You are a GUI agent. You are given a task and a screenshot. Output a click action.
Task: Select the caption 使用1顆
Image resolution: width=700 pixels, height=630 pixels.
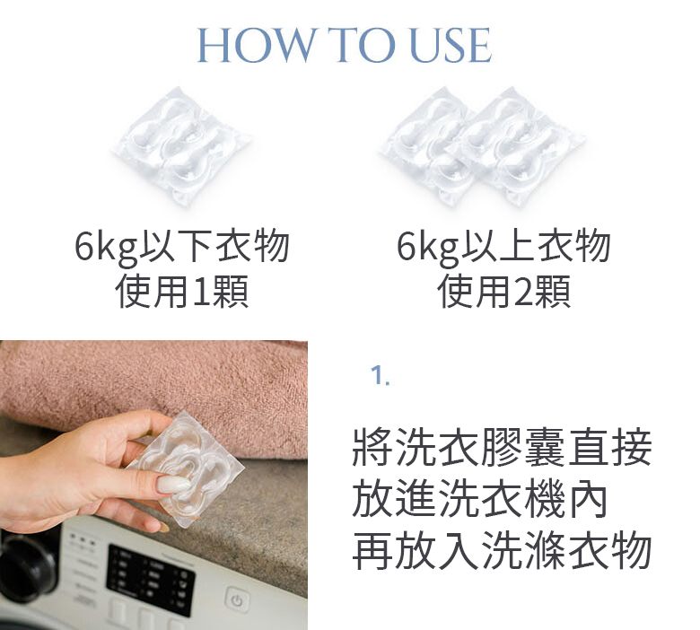click(x=182, y=292)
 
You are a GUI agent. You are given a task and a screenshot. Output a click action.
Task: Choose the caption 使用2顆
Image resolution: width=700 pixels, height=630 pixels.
click(x=503, y=292)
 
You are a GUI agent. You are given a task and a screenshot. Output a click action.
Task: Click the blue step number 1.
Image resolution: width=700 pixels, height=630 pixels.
click(x=380, y=376)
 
